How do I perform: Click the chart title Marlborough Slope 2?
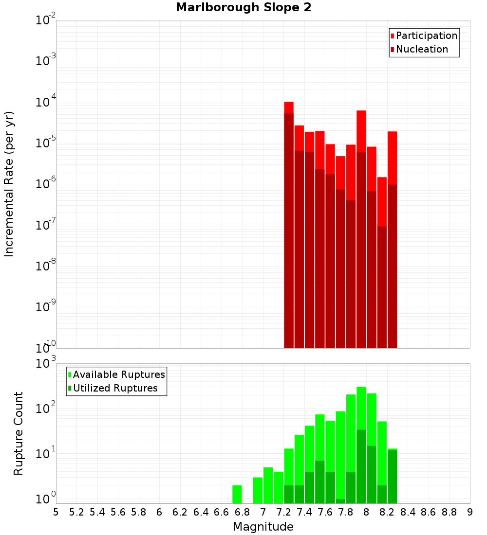[x=243, y=8]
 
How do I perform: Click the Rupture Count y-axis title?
[x=19, y=433]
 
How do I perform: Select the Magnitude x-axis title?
[x=263, y=527]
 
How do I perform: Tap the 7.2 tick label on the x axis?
[x=283, y=512]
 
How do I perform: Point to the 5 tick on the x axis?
[x=56, y=512]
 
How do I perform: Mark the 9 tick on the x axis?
[x=470, y=512]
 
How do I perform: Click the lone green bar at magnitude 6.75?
[x=237, y=494]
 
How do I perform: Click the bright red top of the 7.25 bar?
[x=289, y=107]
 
